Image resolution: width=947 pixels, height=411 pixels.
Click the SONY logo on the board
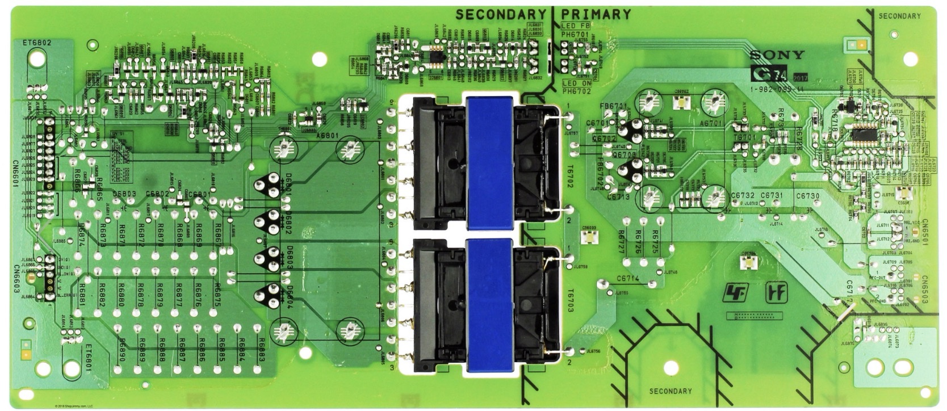(777, 55)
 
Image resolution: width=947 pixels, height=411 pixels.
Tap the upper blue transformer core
(489, 162)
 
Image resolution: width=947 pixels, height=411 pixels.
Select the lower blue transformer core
(489, 305)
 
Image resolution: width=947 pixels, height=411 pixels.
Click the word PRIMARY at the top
(596, 14)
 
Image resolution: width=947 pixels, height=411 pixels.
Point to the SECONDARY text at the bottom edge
(671, 391)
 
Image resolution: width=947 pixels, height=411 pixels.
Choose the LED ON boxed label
(576, 82)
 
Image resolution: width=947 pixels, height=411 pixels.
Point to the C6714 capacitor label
(628, 279)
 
